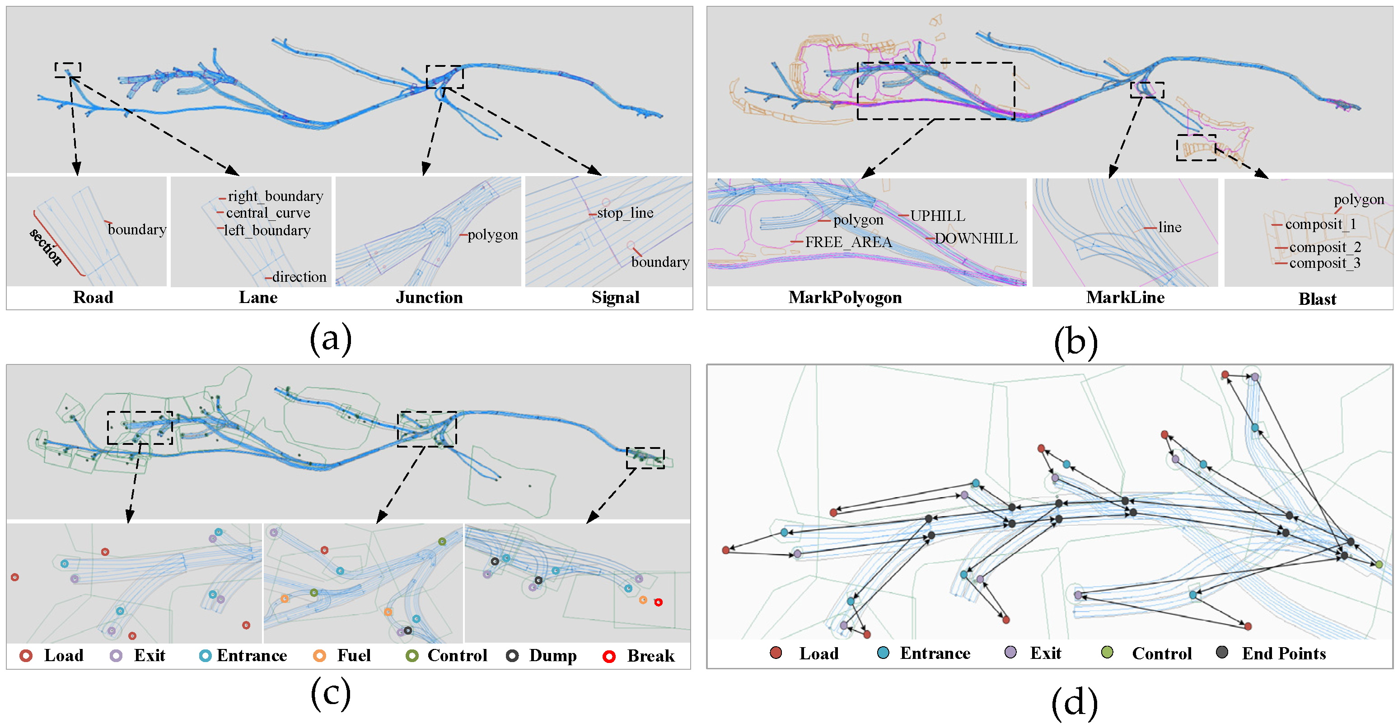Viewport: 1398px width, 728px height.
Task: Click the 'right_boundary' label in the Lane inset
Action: point(275,196)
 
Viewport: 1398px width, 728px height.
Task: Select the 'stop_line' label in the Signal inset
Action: point(625,213)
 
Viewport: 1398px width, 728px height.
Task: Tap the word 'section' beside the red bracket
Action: point(46,247)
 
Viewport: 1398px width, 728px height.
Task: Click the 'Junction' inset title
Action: point(429,297)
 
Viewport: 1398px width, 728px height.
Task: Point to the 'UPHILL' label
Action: point(937,216)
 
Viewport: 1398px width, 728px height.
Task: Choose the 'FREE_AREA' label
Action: point(848,242)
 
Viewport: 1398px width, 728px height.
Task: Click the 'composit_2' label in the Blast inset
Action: point(1325,247)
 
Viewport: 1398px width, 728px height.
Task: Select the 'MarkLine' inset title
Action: point(1125,297)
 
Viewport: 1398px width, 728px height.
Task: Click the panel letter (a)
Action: point(331,339)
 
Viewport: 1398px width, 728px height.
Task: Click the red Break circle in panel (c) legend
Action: point(609,656)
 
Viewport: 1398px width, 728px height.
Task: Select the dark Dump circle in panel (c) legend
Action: point(512,656)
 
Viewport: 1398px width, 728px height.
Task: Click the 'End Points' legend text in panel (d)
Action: point(1283,653)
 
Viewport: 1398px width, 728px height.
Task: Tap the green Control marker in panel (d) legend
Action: point(1107,652)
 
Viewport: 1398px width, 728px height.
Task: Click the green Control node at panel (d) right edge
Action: point(1379,565)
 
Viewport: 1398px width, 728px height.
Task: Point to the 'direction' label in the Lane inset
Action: point(299,277)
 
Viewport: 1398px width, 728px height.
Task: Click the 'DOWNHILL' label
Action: point(975,239)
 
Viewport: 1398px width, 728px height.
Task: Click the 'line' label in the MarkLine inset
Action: point(1169,227)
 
